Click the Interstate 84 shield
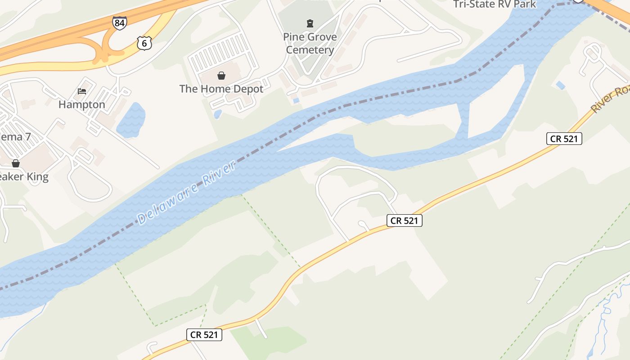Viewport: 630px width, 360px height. pos(120,23)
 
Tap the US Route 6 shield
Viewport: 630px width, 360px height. pos(144,43)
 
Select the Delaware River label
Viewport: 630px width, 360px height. pos(187,193)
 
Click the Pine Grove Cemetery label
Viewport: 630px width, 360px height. pos(310,43)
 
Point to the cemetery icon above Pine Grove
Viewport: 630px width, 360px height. pos(310,23)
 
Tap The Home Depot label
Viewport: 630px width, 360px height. pos(221,89)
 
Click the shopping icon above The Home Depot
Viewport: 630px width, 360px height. pos(221,75)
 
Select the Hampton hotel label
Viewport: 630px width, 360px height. pos(82,104)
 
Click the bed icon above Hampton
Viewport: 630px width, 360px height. pos(82,91)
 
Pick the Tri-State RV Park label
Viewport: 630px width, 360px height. pos(495,4)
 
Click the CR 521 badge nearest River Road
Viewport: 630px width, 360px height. pos(564,139)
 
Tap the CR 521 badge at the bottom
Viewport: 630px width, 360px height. pos(204,334)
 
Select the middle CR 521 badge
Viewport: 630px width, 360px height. pos(404,220)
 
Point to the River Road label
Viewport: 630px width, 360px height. pos(610,100)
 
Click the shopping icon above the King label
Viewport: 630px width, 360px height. pos(16,163)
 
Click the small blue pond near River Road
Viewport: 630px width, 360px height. pos(560,85)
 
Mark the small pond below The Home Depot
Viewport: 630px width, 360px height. pos(218,114)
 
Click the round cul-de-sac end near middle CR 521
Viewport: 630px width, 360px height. pos(363,224)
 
